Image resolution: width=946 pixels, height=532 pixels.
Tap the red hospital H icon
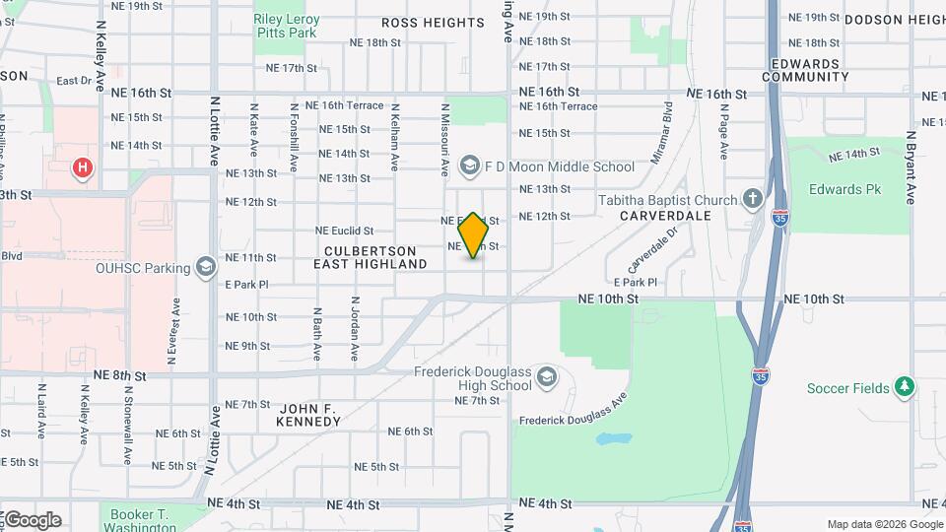(x=83, y=167)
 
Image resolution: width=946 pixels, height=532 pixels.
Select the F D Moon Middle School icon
(x=469, y=166)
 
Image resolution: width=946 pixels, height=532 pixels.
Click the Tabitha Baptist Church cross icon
(x=754, y=200)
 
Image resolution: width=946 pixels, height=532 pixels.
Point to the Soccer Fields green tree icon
(x=904, y=387)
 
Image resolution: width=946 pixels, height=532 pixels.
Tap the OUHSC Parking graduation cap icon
(x=205, y=267)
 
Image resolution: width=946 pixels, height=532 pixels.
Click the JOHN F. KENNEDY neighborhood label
(x=310, y=415)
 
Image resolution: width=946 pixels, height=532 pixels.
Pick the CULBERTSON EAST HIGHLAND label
(x=371, y=258)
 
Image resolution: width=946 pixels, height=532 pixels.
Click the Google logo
(x=32, y=520)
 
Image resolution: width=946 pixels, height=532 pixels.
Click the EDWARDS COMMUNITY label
(x=805, y=70)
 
